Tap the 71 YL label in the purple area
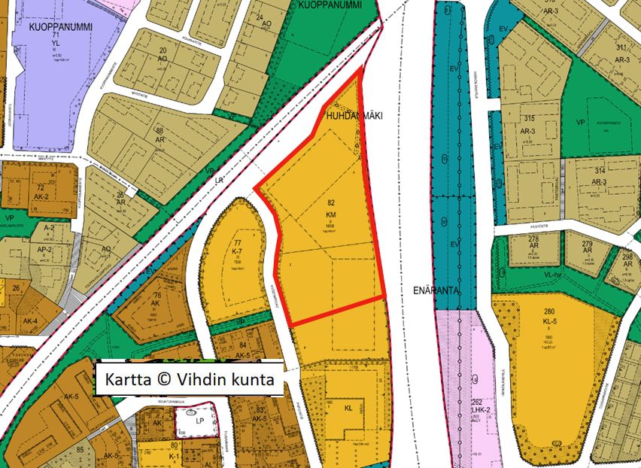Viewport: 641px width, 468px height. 55,39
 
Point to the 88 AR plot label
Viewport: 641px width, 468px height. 159,135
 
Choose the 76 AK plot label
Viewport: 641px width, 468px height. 156,299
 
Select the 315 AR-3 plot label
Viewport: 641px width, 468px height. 529,124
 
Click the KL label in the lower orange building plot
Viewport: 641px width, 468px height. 348,409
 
